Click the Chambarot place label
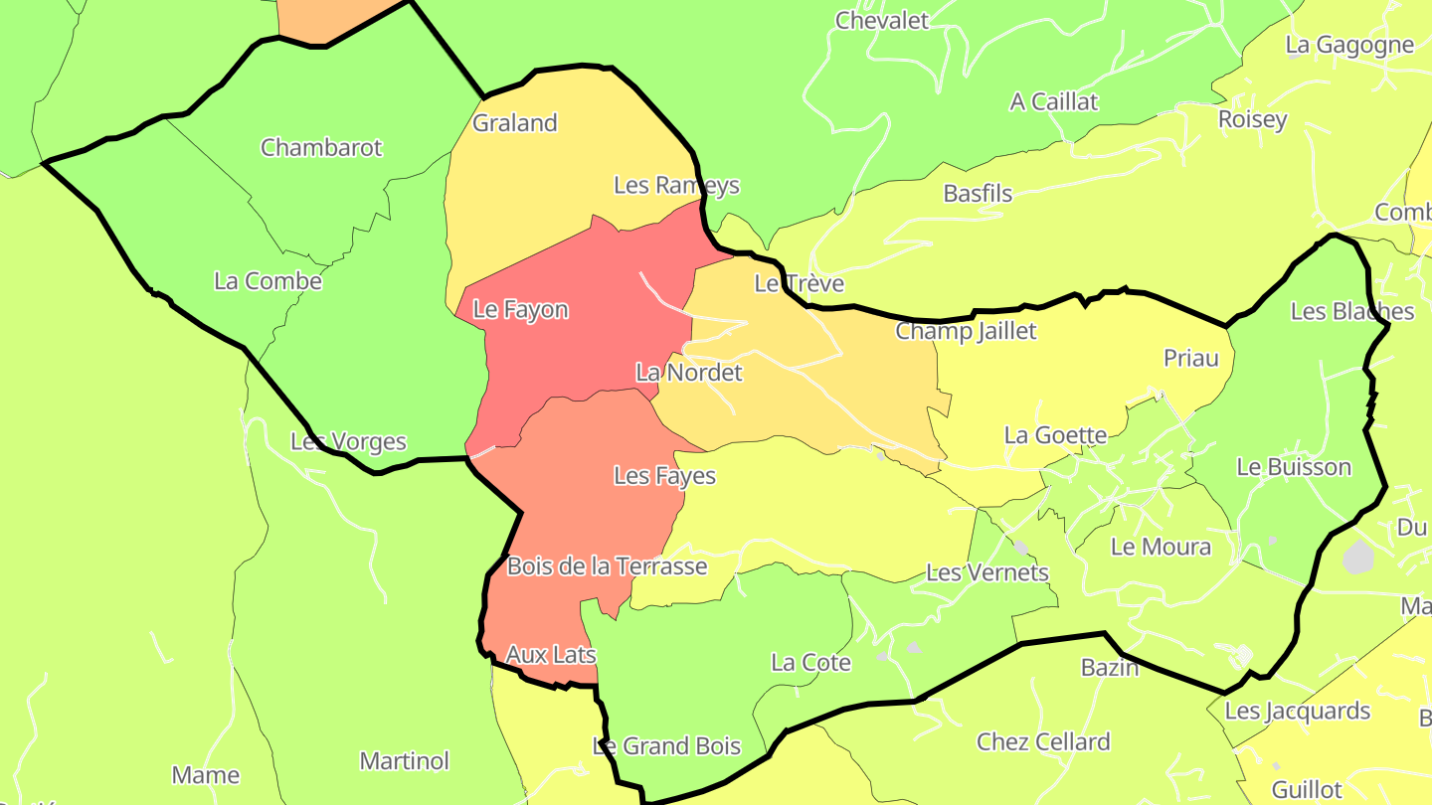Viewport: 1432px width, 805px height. pyautogui.click(x=321, y=148)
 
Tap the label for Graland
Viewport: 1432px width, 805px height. pyautogui.click(x=515, y=123)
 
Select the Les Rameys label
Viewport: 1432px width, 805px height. pyautogui.click(x=676, y=185)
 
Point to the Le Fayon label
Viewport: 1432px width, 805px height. pyautogui.click(x=520, y=309)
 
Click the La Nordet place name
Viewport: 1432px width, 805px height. pyautogui.click(x=689, y=373)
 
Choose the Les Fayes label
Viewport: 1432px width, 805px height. pyautogui.click(x=664, y=476)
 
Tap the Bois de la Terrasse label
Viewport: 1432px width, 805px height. pyautogui.click(x=607, y=566)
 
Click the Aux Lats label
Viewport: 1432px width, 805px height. pyautogui.click(x=551, y=655)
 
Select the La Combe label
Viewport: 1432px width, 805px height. pyautogui.click(x=268, y=281)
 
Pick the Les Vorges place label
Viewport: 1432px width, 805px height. pyautogui.click(x=348, y=441)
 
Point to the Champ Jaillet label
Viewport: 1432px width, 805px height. pyautogui.click(x=966, y=331)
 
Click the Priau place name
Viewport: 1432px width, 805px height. pyautogui.click(x=1191, y=358)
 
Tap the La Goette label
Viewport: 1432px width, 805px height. pyautogui.click(x=1055, y=435)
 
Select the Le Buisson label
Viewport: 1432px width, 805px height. pyautogui.click(x=1294, y=467)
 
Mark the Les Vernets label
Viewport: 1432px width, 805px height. pyautogui.click(x=987, y=572)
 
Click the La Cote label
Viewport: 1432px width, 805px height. pyautogui.click(x=811, y=662)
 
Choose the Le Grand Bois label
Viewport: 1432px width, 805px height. pyautogui.click(x=666, y=745)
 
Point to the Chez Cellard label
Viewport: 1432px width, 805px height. pyautogui.click(x=1043, y=742)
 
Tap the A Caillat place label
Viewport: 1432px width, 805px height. pyautogui.click(x=1054, y=101)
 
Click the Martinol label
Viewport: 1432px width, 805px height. pyautogui.click(x=405, y=761)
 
